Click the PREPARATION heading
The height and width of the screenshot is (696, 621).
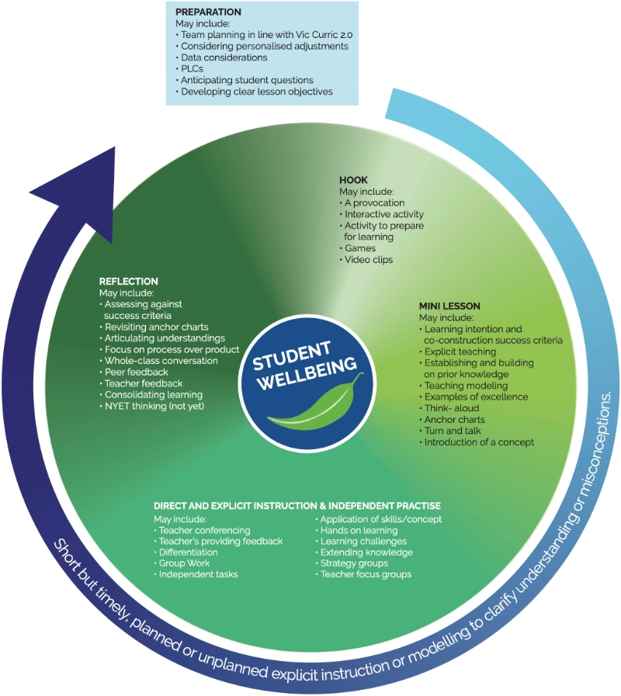click(x=208, y=12)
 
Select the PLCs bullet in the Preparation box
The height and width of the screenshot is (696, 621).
click(x=193, y=68)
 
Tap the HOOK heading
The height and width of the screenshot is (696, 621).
click(x=353, y=180)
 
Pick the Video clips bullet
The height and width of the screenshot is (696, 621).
click(x=369, y=259)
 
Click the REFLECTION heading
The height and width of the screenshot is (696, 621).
click(x=129, y=281)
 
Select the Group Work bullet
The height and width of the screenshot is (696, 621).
click(x=184, y=563)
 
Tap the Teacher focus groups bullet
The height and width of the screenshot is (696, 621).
click(x=366, y=574)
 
